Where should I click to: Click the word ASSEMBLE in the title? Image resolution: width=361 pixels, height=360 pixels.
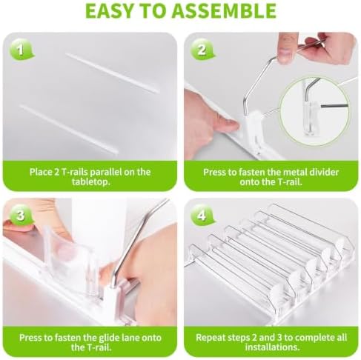coord(224,10)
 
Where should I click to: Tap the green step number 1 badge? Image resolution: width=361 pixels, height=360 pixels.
coord(21,50)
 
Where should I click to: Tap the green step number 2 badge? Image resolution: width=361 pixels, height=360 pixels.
coord(202,50)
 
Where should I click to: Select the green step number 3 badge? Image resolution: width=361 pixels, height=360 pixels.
coord(21,216)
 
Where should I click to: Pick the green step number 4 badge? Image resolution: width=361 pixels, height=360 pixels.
coord(202,216)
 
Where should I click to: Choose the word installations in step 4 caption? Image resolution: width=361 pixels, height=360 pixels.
coord(272,347)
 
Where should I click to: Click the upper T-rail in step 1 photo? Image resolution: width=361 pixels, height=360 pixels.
coord(113,73)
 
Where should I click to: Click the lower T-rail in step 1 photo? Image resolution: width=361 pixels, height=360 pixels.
coord(68,130)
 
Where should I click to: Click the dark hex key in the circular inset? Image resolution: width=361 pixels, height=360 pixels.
coord(334,106)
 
